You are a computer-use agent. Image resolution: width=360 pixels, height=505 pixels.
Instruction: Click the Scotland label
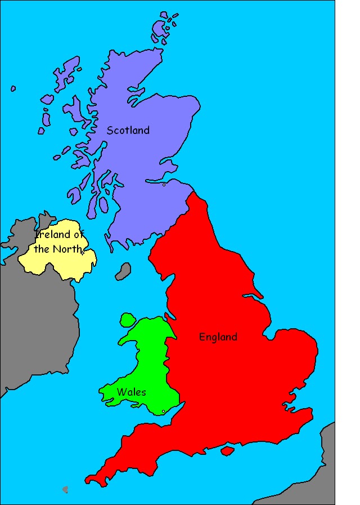[128, 130]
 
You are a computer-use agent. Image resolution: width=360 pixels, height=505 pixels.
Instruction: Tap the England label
[218, 337]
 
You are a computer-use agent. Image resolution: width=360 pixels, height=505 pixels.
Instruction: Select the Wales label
[132, 392]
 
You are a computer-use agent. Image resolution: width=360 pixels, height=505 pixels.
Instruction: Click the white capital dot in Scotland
[164, 185]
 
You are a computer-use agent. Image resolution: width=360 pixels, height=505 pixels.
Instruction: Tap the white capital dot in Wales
[163, 412]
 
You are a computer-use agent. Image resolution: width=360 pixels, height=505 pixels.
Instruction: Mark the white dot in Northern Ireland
[83, 253]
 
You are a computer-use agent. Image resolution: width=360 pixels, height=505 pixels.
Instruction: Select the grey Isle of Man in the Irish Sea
[123, 271]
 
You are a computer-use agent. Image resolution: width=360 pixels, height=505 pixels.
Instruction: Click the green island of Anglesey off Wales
[128, 320]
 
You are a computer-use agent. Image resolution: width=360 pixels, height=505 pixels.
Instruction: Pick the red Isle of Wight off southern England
[227, 451]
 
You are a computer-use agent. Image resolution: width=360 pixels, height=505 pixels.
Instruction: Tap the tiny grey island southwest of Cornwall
[65, 489]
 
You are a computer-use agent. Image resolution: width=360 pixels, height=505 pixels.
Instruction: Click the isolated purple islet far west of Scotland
[13, 88]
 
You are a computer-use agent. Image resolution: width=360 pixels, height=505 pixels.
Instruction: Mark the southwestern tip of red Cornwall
[89, 480]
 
